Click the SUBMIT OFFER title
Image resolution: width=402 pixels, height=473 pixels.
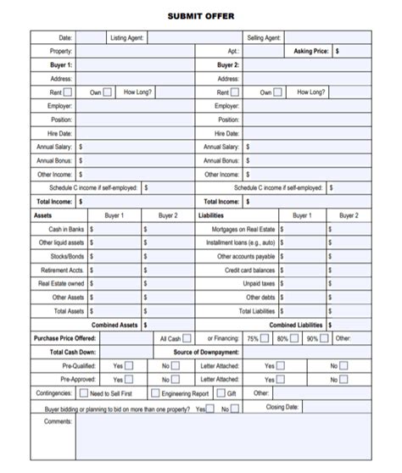point(201,16)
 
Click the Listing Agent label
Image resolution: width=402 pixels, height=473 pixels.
point(127,38)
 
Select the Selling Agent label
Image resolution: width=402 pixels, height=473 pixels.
point(264,38)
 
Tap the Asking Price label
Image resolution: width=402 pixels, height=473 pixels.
point(311,51)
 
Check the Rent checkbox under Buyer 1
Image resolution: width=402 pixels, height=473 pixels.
point(68,92)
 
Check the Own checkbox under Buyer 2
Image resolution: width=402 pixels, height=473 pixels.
point(279,92)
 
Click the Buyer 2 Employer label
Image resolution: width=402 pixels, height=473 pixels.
point(226,106)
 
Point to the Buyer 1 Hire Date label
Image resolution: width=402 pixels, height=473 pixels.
point(61,133)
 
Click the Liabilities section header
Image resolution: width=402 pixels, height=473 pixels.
point(210,215)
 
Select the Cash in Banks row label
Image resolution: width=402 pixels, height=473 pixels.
point(66,229)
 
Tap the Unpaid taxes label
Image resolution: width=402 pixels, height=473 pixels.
point(259,283)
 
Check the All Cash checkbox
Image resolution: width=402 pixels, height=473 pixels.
point(187,338)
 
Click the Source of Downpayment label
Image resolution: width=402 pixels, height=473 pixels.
point(205,352)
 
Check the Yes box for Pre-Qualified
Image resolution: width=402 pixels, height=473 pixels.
point(129,366)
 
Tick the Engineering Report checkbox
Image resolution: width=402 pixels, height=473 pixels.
point(155,393)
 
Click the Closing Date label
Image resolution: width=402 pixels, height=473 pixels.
point(282,407)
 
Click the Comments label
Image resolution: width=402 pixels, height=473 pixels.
point(58,421)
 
